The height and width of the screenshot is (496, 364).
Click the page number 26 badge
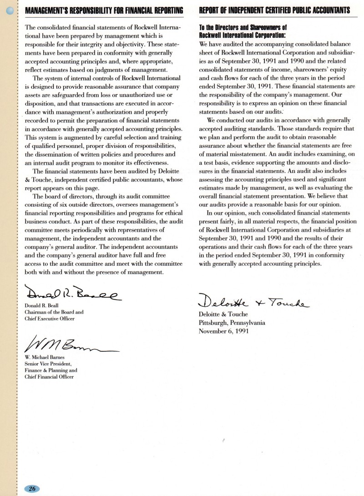(x=32, y=489)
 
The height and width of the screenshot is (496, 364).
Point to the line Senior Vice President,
(x=48, y=364)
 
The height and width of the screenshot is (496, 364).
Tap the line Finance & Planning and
(x=48, y=370)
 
